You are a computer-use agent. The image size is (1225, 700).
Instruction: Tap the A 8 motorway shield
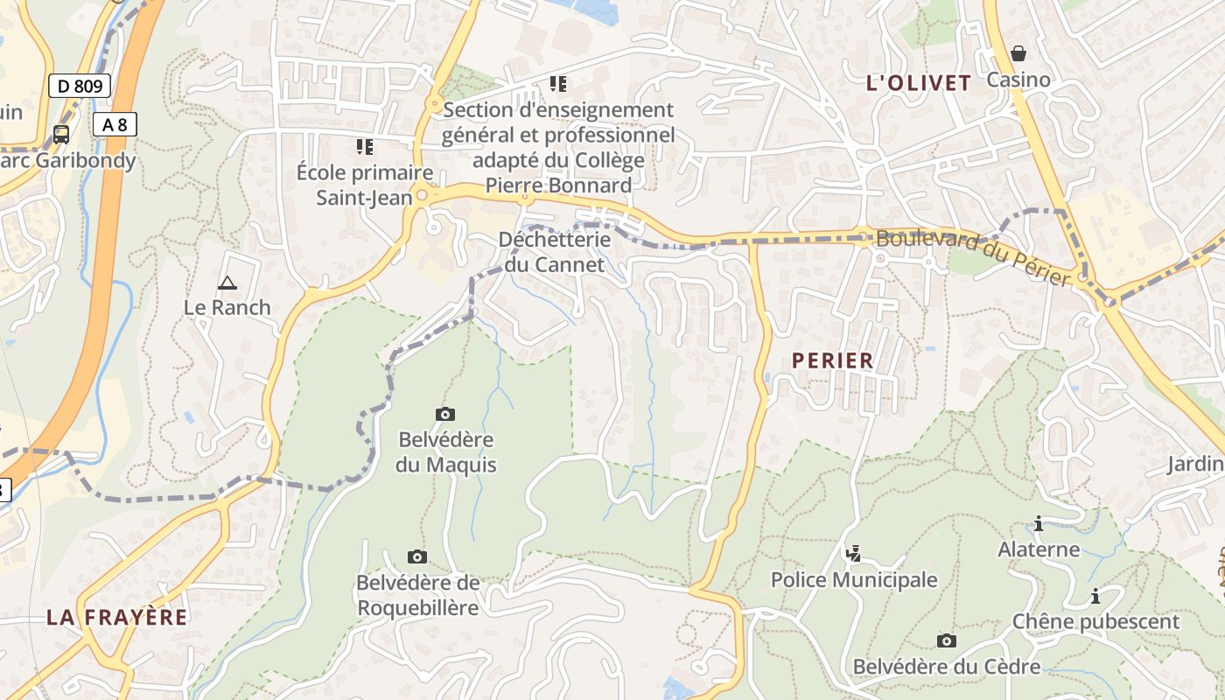pyautogui.click(x=115, y=124)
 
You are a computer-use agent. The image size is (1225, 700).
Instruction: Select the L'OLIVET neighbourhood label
pyautogui.click(x=918, y=83)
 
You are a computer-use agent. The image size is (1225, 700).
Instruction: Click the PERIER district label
pyautogui.click(x=832, y=360)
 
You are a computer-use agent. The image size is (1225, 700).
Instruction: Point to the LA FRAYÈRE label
pyautogui.click(x=116, y=617)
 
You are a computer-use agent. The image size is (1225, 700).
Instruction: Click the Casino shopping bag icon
pyautogui.click(x=1018, y=53)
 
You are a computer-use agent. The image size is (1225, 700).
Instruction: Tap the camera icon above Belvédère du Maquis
pyautogui.click(x=444, y=414)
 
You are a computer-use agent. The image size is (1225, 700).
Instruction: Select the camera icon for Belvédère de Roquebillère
pyautogui.click(x=417, y=556)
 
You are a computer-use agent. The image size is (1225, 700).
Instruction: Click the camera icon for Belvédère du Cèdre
pyautogui.click(x=946, y=640)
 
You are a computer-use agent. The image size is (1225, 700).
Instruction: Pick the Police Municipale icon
pyautogui.click(x=853, y=553)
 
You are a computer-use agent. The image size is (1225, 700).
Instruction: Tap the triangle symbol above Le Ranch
pyautogui.click(x=227, y=282)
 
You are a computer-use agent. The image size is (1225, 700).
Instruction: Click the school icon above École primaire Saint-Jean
pyautogui.click(x=364, y=146)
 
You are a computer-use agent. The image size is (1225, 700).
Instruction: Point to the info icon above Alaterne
pyautogui.click(x=1039, y=524)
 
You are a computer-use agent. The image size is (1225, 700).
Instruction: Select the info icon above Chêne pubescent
pyautogui.click(x=1095, y=596)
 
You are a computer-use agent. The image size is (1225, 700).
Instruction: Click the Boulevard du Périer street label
pyautogui.click(x=973, y=256)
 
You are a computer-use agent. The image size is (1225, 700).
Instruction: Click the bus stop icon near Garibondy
pyautogui.click(x=61, y=134)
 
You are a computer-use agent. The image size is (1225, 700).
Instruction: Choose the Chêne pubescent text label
pyautogui.click(x=1095, y=622)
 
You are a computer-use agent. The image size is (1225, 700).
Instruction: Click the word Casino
pyautogui.click(x=1018, y=80)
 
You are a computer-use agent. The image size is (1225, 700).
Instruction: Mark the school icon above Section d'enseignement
pyautogui.click(x=557, y=84)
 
